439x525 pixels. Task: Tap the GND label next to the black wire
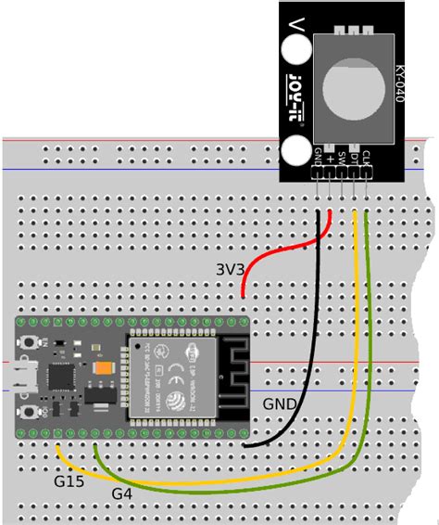click(280, 404)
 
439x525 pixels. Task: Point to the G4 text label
click(121, 493)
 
